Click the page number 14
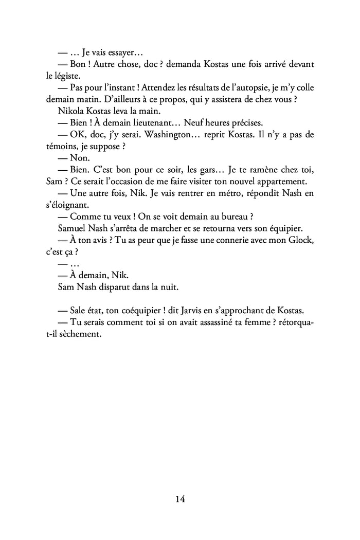click(x=179, y=499)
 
